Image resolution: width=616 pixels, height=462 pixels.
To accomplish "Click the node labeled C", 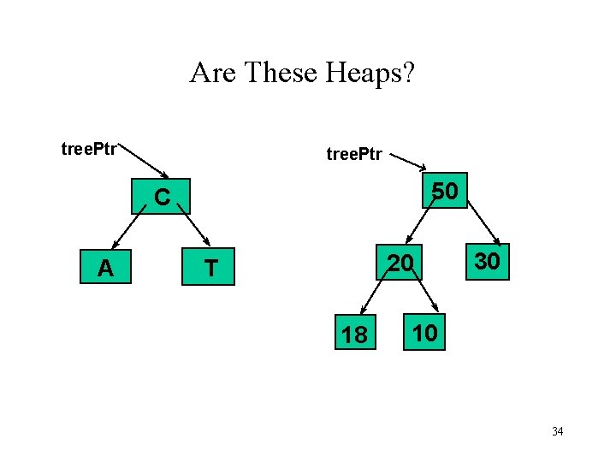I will click(162, 198).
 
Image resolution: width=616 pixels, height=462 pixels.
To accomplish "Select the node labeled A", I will click(105, 269).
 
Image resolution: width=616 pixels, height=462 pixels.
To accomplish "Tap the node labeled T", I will click(210, 269).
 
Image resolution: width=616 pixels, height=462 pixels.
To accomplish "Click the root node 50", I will click(443, 192).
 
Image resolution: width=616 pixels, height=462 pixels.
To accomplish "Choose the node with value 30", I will click(487, 261).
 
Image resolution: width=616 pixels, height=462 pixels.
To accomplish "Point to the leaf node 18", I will click(353, 335).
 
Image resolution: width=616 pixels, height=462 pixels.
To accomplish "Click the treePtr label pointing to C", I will click(89, 150).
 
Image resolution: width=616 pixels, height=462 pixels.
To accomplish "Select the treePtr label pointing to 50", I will click(354, 155).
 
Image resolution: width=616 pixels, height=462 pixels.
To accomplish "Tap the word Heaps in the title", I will click(369, 73).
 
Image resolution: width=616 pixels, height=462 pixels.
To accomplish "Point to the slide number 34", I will click(557, 431).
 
